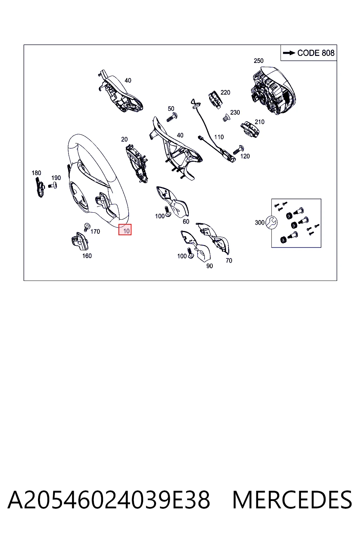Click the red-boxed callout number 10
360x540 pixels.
(x=126, y=231)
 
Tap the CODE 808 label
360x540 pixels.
(x=316, y=53)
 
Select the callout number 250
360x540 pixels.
(x=258, y=61)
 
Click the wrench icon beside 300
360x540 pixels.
(x=271, y=222)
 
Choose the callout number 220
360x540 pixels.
(x=225, y=92)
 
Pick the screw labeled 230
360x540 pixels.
(x=226, y=118)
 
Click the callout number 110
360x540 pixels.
(x=219, y=137)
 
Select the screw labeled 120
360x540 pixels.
(x=238, y=150)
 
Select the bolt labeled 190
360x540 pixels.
(x=53, y=186)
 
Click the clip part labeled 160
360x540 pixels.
(x=80, y=241)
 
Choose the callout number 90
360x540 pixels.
(x=210, y=266)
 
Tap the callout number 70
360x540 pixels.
(x=229, y=261)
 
